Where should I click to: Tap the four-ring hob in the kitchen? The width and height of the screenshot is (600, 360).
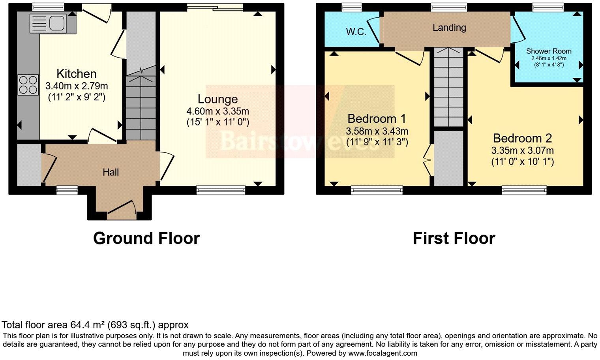click(x=28, y=85)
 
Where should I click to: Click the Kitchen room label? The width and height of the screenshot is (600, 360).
click(x=76, y=74)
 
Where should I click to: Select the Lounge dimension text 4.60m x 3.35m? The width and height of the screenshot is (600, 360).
click(x=217, y=111)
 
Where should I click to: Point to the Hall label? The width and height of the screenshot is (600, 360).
click(x=111, y=172)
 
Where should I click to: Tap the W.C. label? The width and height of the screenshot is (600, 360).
click(x=356, y=32)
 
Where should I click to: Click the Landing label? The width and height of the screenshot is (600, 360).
click(x=449, y=27)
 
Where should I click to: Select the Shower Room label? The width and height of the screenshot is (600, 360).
click(x=548, y=51)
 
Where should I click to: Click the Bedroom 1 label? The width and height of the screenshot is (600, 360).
click(x=377, y=118)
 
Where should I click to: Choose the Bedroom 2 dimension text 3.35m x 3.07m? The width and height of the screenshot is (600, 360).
click(x=522, y=150)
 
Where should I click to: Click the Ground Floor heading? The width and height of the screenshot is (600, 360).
click(x=146, y=238)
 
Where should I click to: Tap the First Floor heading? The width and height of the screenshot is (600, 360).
click(x=454, y=238)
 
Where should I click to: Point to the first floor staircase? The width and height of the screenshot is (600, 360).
click(x=448, y=87)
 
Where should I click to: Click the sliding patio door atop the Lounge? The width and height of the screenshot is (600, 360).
click(x=215, y=7)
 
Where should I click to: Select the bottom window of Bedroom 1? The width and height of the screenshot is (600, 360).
click(x=377, y=190)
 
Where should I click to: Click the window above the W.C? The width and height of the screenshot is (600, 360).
click(x=351, y=7)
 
